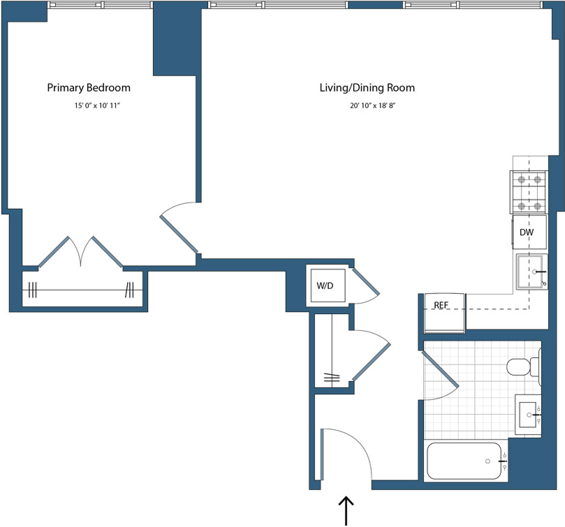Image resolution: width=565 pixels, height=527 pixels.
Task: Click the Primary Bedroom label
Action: point(89,88)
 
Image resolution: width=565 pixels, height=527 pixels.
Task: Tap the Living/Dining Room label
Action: point(367,88)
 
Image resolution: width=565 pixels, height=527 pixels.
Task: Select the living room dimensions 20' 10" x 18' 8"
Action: point(367,106)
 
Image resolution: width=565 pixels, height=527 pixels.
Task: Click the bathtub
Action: point(464,461)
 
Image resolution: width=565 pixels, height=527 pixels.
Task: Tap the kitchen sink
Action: point(533,272)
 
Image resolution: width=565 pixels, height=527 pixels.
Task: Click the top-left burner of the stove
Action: point(520,179)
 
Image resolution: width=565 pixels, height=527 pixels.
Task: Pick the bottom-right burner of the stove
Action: point(538,206)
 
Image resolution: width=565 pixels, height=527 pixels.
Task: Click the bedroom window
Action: point(100,5)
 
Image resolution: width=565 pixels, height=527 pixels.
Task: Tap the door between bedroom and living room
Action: point(179,233)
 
